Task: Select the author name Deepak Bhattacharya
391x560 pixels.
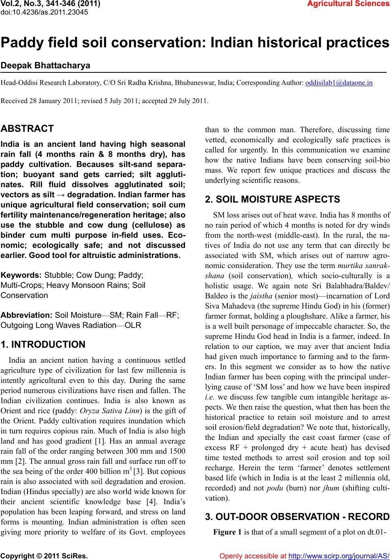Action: pos(45,66)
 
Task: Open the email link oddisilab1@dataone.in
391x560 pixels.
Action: pos(339,83)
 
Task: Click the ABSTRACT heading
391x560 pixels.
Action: pos(27,129)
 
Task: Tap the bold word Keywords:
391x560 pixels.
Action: pos(21,275)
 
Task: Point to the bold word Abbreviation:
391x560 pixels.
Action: pos(27,315)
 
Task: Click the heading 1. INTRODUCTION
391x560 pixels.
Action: pos(43,345)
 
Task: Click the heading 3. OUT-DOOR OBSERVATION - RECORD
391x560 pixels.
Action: pos(297,517)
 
